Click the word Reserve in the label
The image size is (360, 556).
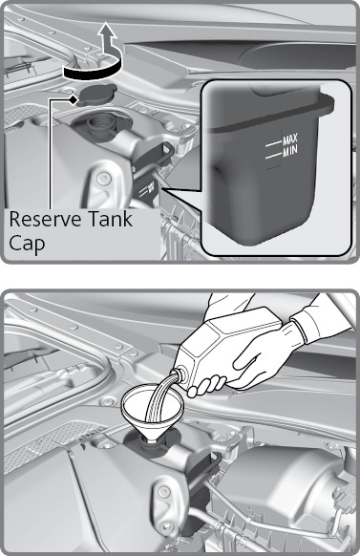tap(44, 219)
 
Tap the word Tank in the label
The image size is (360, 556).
tap(110, 219)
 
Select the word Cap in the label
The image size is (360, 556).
tap(27, 244)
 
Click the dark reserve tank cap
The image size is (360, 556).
tap(97, 95)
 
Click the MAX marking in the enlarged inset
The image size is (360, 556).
tap(290, 139)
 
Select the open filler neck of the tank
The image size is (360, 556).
tap(99, 125)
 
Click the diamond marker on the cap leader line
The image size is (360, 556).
tap(73, 100)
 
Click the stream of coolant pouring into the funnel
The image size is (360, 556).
tap(160, 397)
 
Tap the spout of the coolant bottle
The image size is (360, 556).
tap(180, 375)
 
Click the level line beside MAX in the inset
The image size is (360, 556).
tap(273, 144)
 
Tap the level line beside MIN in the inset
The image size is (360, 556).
tap(273, 156)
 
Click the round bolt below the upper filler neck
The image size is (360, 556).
tap(103, 178)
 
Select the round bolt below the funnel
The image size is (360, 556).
tap(162, 491)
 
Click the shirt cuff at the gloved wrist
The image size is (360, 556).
tap(300, 331)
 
